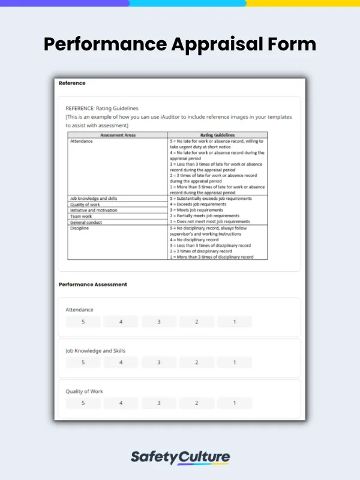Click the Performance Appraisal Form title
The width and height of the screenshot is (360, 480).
coord(180,44)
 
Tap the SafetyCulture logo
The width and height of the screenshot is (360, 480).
coord(180,457)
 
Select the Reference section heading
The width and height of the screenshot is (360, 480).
coord(72,83)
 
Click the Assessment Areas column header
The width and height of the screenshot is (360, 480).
coord(118,135)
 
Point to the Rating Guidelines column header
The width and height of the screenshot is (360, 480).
coord(217,135)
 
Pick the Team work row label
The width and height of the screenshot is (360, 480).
coord(81,217)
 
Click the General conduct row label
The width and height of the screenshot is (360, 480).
coord(86,223)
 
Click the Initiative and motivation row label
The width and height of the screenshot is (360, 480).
coord(94,211)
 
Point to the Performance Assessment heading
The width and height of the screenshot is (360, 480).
coord(92,284)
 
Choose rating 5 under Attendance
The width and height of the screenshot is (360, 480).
coord(83,322)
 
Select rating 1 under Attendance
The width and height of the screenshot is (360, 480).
coord(234,322)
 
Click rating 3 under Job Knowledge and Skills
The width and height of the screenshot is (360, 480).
coord(158,362)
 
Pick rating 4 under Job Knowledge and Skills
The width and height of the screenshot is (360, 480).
coord(121,362)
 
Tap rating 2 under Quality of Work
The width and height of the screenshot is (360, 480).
coord(196,403)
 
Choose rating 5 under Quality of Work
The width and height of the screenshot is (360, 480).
coord(83,403)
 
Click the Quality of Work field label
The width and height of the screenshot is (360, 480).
coord(84,391)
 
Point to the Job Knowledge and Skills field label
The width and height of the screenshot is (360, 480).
coord(95,350)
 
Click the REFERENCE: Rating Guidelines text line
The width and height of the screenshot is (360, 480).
coord(101,109)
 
